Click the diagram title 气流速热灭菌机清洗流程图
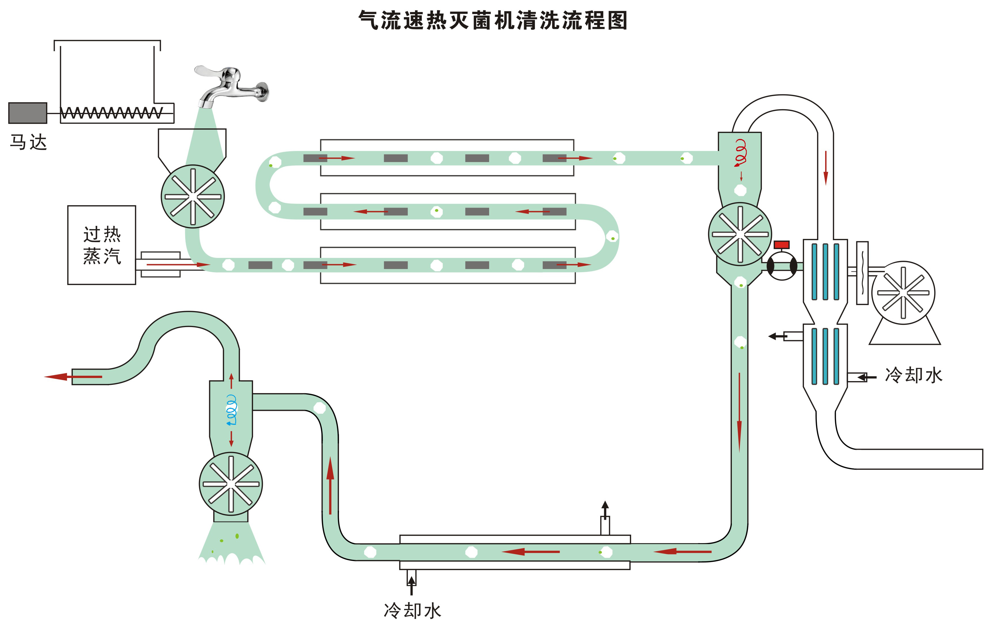click(493, 20)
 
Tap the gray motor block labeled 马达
click(28, 113)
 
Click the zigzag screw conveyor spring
click(111, 113)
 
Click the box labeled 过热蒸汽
click(102, 245)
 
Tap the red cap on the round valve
click(781, 244)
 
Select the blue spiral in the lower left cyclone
click(232, 410)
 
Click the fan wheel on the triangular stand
click(903, 293)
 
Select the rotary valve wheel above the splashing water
click(231, 484)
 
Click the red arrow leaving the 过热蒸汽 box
click(177, 264)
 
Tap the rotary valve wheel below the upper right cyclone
click(740, 234)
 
